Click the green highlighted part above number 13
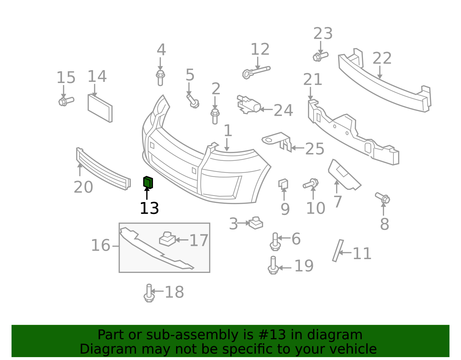[148, 182]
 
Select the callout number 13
[149, 208]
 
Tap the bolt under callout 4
[160, 78]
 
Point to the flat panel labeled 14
[100, 108]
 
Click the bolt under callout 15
[66, 101]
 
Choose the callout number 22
[382, 58]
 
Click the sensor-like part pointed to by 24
[248, 104]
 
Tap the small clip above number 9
[283, 184]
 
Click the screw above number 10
[311, 184]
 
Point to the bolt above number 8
[383, 198]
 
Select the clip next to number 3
[256, 223]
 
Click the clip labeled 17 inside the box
[167, 239]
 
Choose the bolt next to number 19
[273, 265]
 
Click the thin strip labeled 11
[338, 251]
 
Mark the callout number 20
[83, 187]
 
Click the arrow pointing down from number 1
[227, 145]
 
